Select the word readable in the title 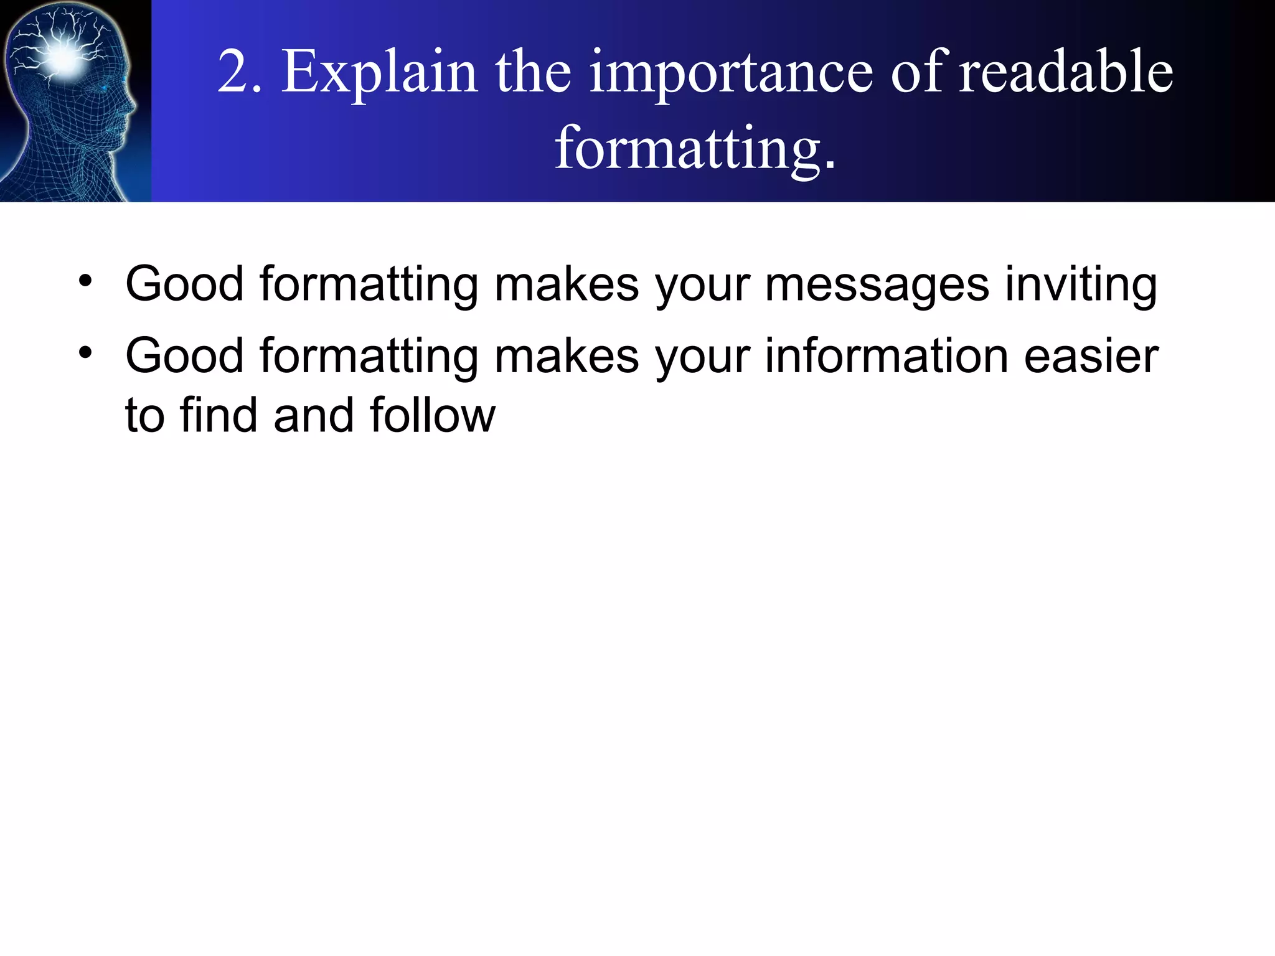pos(1065,73)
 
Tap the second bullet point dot pos(85,353)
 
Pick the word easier pos(1091,357)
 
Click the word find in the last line pos(218,415)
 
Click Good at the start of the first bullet pos(184,284)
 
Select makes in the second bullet pos(567,357)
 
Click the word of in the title pos(918,73)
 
